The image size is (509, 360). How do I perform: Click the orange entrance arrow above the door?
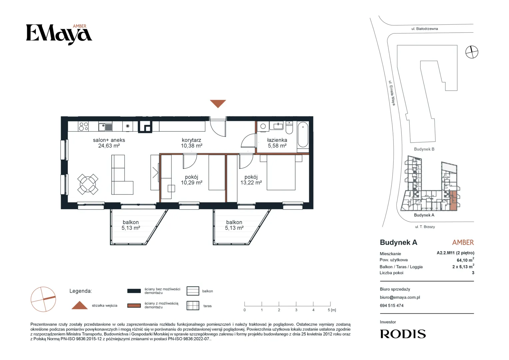[x=218, y=103]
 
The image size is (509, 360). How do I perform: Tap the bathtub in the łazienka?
[x=303, y=135]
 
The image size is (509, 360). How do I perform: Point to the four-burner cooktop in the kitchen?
[x=83, y=126]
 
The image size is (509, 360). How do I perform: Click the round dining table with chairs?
[x=88, y=184]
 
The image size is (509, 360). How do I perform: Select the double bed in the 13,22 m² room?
[x=281, y=173]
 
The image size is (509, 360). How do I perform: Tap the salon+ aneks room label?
[x=109, y=140]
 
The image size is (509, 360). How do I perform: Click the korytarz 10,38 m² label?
[x=191, y=143]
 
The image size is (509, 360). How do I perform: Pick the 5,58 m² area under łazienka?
[x=277, y=146]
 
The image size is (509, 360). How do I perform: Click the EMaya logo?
[x=59, y=34]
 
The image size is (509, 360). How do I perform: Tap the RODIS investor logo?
[x=403, y=334]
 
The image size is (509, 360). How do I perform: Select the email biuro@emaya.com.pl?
[x=400, y=297]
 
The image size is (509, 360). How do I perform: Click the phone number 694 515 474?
[x=391, y=306]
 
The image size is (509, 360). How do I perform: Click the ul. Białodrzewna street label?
[x=425, y=29]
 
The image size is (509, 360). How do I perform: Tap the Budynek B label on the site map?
[x=424, y=149]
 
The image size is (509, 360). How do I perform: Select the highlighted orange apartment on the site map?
[x=453, y=201]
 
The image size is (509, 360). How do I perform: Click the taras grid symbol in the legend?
[x=193, y=305]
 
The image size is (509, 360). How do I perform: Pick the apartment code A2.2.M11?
[x=446, y=253]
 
